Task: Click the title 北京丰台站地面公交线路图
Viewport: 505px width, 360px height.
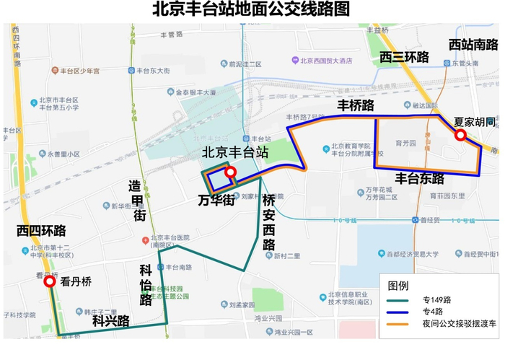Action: (252, 10)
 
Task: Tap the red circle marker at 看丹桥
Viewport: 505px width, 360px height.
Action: (49, 282)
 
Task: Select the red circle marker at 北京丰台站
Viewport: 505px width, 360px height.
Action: (230, 172)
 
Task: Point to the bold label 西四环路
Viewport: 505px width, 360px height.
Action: (41, 231)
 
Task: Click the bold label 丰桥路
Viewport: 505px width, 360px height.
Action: (356, 105)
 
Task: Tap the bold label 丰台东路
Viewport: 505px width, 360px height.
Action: (419, 178)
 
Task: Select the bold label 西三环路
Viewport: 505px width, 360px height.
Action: (404, 56)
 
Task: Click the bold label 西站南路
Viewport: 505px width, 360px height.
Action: (473, 45)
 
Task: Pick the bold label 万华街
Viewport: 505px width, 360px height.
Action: (216, 201)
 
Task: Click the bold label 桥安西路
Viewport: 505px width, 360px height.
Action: (268, 221)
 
